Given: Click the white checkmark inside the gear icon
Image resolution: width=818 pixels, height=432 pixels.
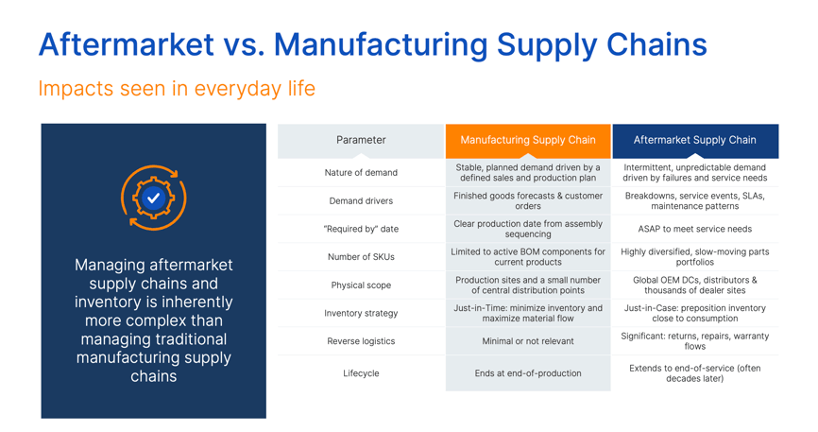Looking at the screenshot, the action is [153, 198].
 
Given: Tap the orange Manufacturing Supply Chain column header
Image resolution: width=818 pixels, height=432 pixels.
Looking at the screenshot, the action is [528, 141].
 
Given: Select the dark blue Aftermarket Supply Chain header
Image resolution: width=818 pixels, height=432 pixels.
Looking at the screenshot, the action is [695, 141].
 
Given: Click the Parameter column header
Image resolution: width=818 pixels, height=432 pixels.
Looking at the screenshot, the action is [361, 141].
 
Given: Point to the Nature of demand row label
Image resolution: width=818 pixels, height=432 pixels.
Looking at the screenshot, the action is [361, 173].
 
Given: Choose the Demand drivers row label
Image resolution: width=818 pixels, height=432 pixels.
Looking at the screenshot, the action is [361, 201].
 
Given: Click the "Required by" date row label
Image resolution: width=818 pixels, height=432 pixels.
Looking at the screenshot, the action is [361, 229].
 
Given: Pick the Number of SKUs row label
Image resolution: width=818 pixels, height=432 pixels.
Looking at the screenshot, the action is [361, 257].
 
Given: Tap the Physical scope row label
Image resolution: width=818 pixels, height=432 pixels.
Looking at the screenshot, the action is [361, 285].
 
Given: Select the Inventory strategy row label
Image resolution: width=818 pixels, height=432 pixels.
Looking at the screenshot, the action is [361, 314].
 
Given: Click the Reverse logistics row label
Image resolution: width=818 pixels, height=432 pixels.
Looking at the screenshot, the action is [361, 341].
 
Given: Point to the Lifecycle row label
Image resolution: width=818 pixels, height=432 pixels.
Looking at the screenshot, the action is [361, 373].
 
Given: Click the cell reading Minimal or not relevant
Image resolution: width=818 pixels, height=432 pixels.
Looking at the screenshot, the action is [528, 341].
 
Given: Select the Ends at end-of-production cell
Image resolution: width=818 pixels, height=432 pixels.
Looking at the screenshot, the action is [528, 373].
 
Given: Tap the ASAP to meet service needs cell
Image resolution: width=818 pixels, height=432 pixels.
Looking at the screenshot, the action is [695, 229].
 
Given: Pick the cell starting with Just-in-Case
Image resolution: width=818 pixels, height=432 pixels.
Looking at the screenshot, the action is [695, 314].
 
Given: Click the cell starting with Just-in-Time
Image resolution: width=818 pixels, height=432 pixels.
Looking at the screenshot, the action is [528, 314].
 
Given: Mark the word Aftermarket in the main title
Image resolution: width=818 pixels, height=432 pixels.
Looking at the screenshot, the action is [127, 44].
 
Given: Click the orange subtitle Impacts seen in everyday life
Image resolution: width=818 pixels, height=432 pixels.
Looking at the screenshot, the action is [177, 89].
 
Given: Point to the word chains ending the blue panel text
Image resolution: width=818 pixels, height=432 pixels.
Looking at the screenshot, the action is [153, 376].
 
